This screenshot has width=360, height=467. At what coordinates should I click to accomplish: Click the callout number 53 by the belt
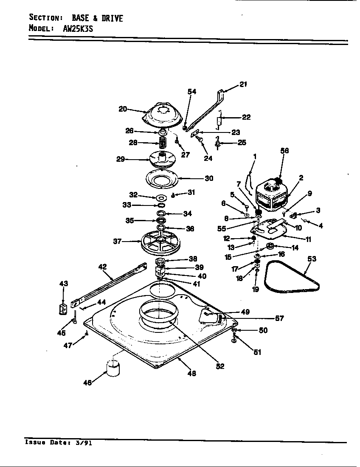pyautogui.click(x=312, y=259)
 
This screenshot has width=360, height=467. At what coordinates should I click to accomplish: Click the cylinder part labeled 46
pyautogui.click(x=113, y=368)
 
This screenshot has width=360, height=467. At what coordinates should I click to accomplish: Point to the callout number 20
pyautogui.click(x=123, y=109)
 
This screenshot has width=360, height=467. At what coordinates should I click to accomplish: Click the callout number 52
pyautogui.click(x=219, y=366)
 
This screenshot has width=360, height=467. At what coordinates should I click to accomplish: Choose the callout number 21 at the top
pyautogui.click(x=242, y=84)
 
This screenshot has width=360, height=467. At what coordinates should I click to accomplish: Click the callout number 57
pyautogui.click(x=279, y=318)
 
